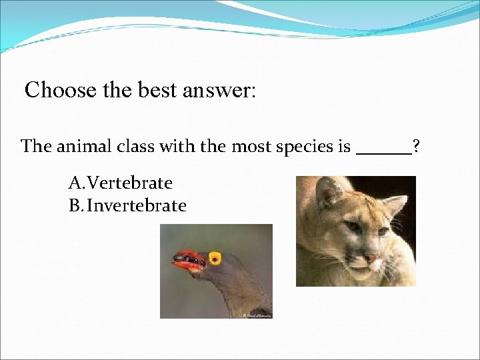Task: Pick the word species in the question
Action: (x=297, y=147)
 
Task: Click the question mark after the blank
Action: (x=416, y=146)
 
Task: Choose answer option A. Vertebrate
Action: (x=120, y=183)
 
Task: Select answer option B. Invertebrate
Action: (x=127, y=205)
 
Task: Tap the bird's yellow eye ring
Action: (x=215, y=257)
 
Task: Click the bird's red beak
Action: (x=188, y=259)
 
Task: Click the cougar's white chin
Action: (x=363, y=272)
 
